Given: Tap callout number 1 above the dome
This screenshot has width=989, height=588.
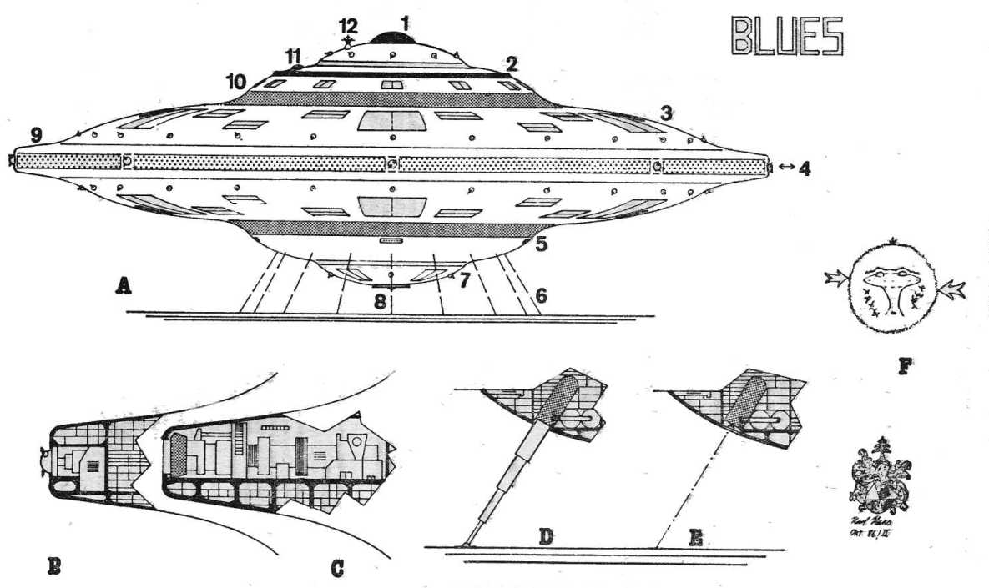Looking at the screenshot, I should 405,23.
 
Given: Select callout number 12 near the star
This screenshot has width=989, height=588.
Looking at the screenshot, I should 348,25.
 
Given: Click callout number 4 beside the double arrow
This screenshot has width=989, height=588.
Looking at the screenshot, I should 804,168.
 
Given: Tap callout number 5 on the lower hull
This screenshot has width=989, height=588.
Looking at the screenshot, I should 540,245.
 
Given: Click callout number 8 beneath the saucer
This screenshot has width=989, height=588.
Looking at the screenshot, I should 381,302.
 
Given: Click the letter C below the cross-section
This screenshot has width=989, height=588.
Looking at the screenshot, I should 337,570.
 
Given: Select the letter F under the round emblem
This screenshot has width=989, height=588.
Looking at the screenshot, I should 903,364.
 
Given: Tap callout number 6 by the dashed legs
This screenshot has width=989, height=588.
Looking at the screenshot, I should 541,295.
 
